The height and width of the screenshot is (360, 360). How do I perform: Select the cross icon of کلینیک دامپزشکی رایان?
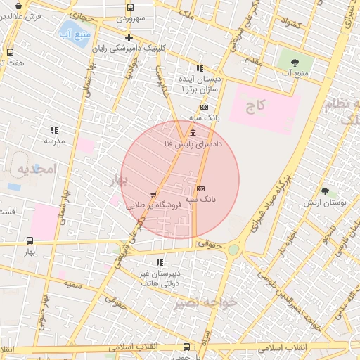[128, 37]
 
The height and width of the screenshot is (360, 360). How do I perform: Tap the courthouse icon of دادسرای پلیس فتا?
[193, 133]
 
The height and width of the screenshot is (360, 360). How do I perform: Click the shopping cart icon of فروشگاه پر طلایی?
[153, 195]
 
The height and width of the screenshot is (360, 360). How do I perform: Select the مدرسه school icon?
[54, 130]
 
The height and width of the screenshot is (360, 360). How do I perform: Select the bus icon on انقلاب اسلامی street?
[186, 347]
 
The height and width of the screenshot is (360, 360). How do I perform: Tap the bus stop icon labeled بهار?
[29, 240]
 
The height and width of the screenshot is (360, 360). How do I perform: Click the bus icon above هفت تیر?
[10, 52]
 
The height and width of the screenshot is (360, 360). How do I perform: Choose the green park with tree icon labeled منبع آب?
[295, 62]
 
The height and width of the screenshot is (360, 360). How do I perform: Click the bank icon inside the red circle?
[200, 189]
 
